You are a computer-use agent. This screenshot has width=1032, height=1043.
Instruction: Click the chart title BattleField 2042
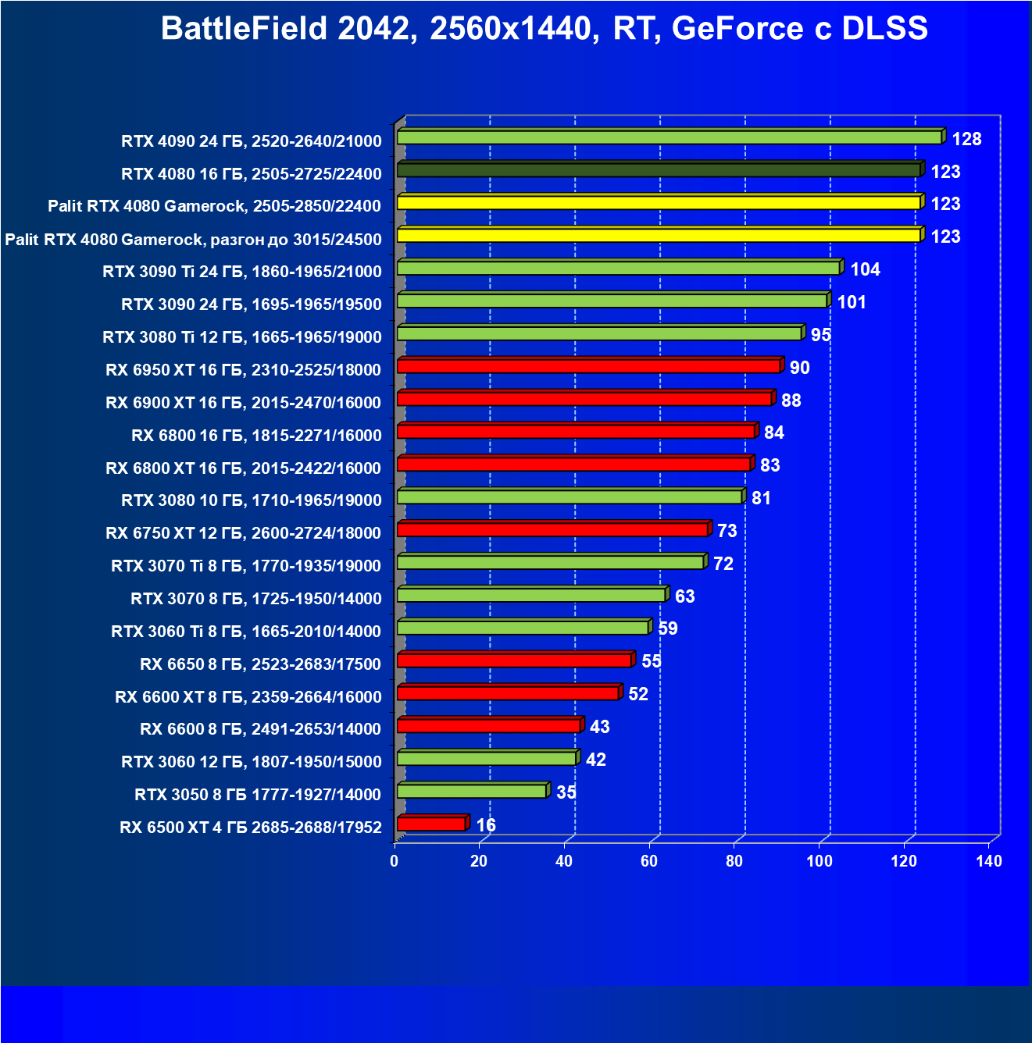(544, 29)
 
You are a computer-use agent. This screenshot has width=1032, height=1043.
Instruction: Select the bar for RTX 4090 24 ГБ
(669, 138)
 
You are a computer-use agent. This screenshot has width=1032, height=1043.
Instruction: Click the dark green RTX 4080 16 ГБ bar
(658, 170)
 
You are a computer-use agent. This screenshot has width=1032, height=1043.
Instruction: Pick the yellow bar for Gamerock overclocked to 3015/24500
(658, 235)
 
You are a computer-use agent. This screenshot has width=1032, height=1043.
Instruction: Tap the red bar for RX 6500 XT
(431, 824)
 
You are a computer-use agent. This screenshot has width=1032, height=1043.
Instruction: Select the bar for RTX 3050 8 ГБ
(471, 791)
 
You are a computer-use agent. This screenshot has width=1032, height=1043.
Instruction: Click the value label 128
(966, 139)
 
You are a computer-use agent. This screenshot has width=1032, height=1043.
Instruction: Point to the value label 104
(865, 269)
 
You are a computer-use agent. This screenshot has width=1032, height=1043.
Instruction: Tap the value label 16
(486, 825)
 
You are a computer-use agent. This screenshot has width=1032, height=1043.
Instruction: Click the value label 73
(727, 531)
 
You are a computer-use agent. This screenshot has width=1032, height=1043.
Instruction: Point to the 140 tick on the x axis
(989, 861)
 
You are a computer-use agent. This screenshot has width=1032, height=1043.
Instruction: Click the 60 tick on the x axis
(649, 861)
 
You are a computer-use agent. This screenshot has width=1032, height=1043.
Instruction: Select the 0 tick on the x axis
(395, 861)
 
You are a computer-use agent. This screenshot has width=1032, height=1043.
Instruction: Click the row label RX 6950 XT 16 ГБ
(243, 370)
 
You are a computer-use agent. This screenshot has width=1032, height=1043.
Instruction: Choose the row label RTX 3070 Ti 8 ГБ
(246, 566)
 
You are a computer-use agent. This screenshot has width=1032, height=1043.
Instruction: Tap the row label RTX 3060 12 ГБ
(251, 762)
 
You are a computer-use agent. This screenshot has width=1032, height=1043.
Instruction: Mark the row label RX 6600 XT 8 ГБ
(248, 696)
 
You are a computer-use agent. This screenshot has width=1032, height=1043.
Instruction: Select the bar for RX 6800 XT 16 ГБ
(573, 465)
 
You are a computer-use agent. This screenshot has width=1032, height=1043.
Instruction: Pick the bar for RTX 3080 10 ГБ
(569, 497)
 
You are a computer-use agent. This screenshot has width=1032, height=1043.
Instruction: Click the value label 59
(667, 628)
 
